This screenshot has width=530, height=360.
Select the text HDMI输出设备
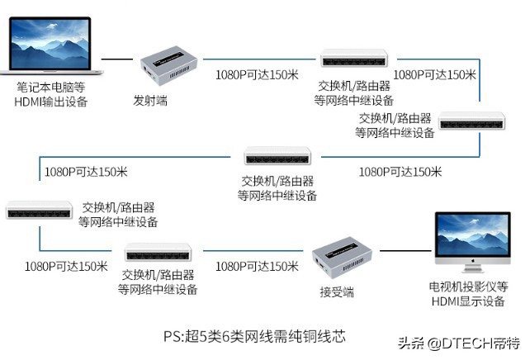pyautogui.click(x=51, y=102)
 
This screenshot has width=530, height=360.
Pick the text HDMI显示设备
pyautogui.click(x=468, y=301)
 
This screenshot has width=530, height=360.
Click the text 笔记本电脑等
pyautogui.click(x=50, y=87)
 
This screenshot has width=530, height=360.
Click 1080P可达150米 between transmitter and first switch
pyautogui.click(x=257, y=74)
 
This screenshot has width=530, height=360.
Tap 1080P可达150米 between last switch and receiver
pyautogui.click(x=257, y=266)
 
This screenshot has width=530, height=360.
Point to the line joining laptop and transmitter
pyautogui.click(x=116, y=59)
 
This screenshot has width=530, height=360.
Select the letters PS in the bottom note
pyautogui.click(x=172, y=336)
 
